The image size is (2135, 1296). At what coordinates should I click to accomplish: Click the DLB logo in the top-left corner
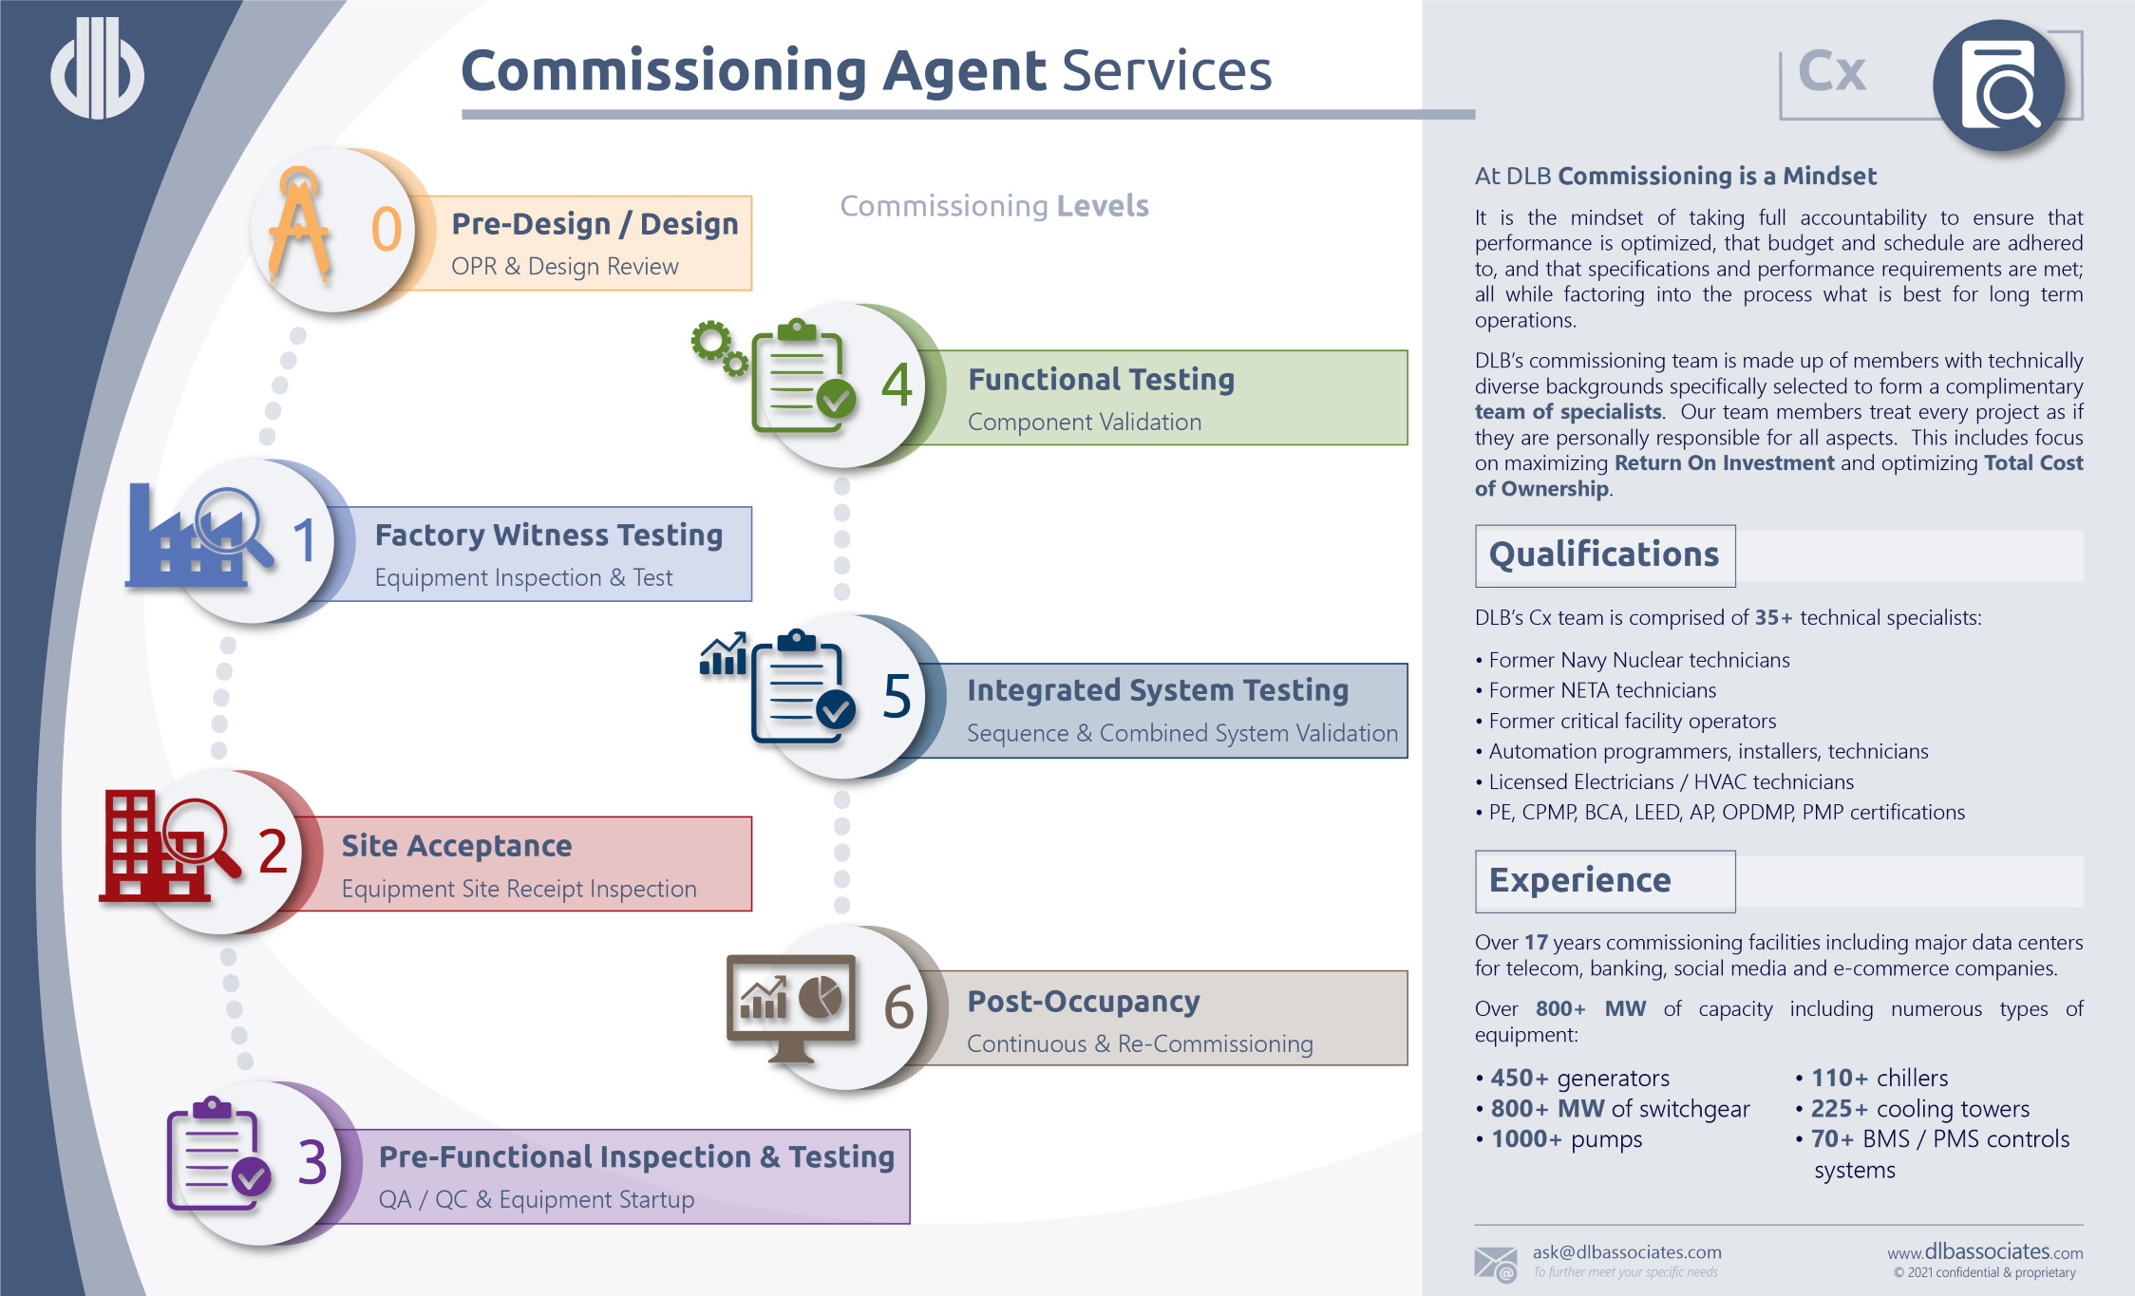(97, 68)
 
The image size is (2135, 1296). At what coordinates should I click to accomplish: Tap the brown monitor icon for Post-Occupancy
(790, 1007)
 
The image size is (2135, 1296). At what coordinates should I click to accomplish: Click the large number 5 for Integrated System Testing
(897, 696)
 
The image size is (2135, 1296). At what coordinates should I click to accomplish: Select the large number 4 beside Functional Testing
(897, 385)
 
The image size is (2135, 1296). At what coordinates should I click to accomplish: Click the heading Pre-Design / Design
(595, 224)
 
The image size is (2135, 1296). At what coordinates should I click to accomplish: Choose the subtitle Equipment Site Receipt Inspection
(519, 889)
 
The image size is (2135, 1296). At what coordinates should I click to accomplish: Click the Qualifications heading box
(1604, 555)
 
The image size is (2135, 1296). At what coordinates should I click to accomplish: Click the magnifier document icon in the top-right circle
(1999, 85)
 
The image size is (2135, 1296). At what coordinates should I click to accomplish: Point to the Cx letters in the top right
(1832, 71)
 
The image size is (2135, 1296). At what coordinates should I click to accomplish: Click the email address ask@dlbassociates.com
(1626, 1252)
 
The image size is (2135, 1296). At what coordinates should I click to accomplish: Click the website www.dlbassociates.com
(1985, 1252)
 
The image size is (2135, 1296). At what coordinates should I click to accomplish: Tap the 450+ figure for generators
(1519, 1079)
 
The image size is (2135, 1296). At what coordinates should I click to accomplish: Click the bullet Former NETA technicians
(1602, 690)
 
